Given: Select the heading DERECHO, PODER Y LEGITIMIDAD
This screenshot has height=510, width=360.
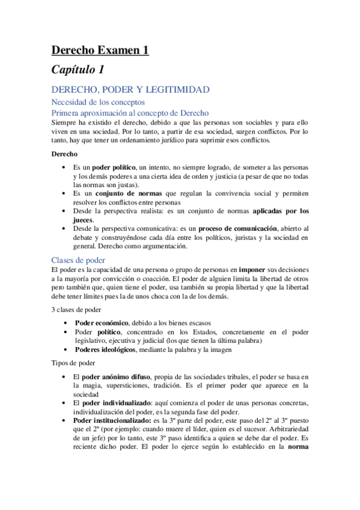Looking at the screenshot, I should click(x=130, y=90).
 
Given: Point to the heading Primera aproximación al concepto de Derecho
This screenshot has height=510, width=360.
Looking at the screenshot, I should click(x=130, y=112).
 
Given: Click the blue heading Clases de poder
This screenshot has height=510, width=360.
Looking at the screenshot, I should click(x=78, y=260).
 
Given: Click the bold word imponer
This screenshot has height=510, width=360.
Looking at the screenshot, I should click(x=239, y=271).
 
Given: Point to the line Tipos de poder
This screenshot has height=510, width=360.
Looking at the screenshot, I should click(x=73, y=363).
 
